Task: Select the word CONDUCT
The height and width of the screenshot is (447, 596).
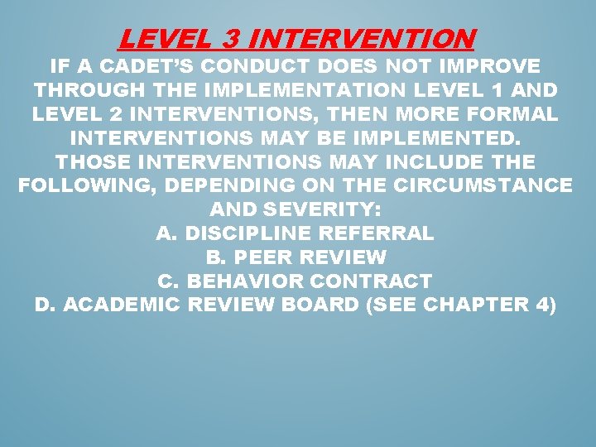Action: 270,65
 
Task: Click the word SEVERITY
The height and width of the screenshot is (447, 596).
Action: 325,209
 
